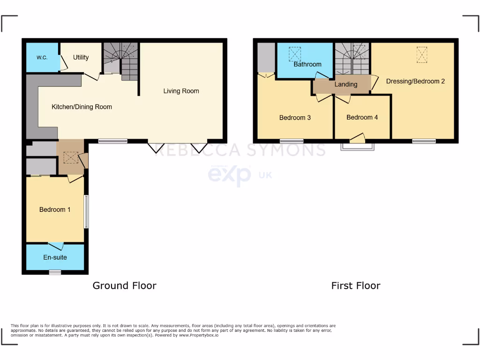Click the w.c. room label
(42, 57)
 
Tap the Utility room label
(81, 57)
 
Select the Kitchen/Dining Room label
(82, 107)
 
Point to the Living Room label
(181, 91)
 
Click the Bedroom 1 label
(55, 210)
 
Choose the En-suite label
(55, 257)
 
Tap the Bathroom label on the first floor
(307, 64)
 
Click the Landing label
(346, 84)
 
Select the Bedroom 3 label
(295, 118)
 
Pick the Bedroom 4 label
(362, 118)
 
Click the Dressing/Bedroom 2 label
(415, 81)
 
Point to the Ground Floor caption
(124, 285)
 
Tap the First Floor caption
(356, 285)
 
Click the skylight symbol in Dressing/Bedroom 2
(422, 54)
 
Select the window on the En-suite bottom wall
(55, 272)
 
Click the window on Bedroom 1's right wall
(86, 211)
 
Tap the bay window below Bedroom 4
(358, 147)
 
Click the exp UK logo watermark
(239, 175)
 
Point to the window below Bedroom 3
(292, 141)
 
